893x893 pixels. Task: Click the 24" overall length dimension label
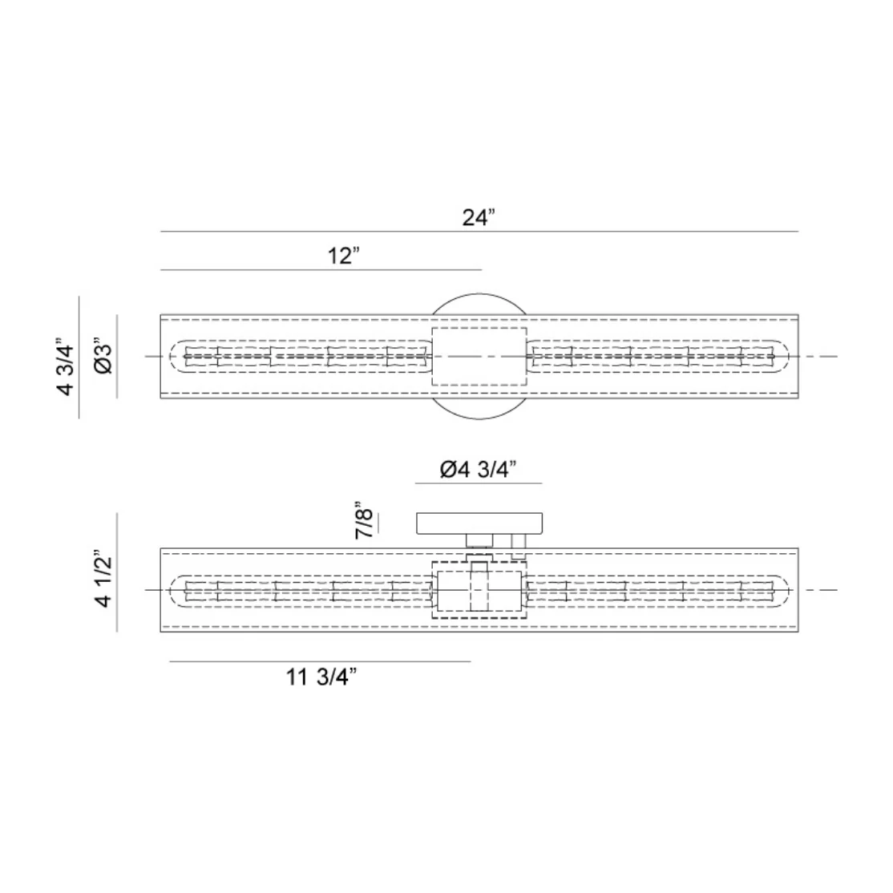pyautogui.click(x=479, y=217)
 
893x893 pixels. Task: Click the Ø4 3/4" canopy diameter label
pyautogui.click(x=479, y=469)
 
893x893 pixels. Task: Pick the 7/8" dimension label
pyautogui.click(x=365, y=521)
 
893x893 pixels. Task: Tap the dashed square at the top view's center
pyautogui.click(x=479, y=357)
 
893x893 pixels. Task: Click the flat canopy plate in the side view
pyautogui.click(x=481, y=523)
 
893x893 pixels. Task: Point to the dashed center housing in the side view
pyautogui.click(x=479, y=591)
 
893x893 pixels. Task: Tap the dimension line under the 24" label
pyautogui.click(x=479, y=232)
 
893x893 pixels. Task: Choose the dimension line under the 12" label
pyautogui.click(x=321, y=270)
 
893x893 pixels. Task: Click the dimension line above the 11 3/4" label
pyautogui.click(x=321, y=661)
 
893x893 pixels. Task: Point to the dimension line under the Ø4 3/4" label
pyautogui.click(x=479, y=483)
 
